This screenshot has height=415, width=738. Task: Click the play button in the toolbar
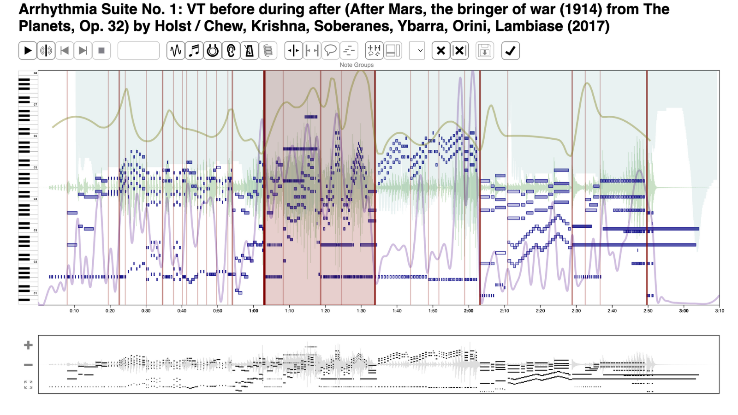point(28,51)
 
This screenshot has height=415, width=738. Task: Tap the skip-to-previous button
point(65,51)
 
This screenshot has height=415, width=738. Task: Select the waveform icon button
point(176,51)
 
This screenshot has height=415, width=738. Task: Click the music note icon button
point(194,51)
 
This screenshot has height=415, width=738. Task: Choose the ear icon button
point(231,51)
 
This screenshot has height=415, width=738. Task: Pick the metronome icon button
point(250,51)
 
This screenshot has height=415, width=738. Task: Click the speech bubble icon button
point(330,51)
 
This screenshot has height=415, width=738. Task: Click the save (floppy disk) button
point(484,51)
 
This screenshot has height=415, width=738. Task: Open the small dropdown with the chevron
point(417,51)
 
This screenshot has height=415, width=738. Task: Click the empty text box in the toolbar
point(138,51)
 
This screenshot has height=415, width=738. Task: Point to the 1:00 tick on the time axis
point(254,311)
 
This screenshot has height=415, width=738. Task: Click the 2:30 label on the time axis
point(576,311)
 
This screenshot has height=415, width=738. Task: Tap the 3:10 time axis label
point(720,311)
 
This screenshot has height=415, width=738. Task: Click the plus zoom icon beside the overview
point(28,345)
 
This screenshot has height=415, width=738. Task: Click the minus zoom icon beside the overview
point(28,365)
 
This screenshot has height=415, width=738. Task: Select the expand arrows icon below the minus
point(28,385)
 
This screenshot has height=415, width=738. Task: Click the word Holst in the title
point(173,26)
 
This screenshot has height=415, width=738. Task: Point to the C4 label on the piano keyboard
point(35,199)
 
